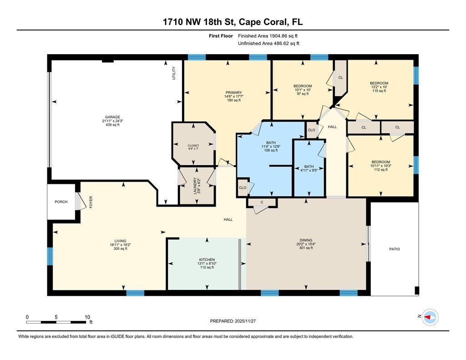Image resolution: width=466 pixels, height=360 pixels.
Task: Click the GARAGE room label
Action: coord(112,117)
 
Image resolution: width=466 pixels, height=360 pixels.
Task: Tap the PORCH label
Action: coord(61,202)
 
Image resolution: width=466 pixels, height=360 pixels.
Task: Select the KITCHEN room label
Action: coord(207,259)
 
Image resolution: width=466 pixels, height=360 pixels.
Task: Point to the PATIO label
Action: coord(395,249)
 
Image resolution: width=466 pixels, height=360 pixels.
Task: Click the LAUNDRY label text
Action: coord(195,186)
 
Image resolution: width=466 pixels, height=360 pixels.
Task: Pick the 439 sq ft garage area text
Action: coord(112,125)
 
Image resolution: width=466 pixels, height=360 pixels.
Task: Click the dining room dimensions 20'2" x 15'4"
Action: coord(306,244)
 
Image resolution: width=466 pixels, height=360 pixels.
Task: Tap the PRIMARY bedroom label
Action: coord(233,92)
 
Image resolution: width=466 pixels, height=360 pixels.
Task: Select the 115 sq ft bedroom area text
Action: coord(379,91)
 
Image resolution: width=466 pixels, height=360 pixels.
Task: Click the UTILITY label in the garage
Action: coord(174,73)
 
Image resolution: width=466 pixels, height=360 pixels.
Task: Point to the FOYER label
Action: coord(91,202)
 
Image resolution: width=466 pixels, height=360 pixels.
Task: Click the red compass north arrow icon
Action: coord(428,317)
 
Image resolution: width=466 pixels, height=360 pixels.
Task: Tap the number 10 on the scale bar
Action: coord(87,317)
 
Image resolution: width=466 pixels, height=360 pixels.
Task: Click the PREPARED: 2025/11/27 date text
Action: coord(233,321)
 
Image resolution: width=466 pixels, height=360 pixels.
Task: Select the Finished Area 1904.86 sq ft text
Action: coord(268,36)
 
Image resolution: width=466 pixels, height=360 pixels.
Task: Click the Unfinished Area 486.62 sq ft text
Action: coord(268,43)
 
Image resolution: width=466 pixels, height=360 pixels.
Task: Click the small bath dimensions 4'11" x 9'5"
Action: coord(309,170)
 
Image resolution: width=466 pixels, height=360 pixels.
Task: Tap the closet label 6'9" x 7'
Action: coord(193,149)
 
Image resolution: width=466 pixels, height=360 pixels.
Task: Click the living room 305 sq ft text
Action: coord(120,249)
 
